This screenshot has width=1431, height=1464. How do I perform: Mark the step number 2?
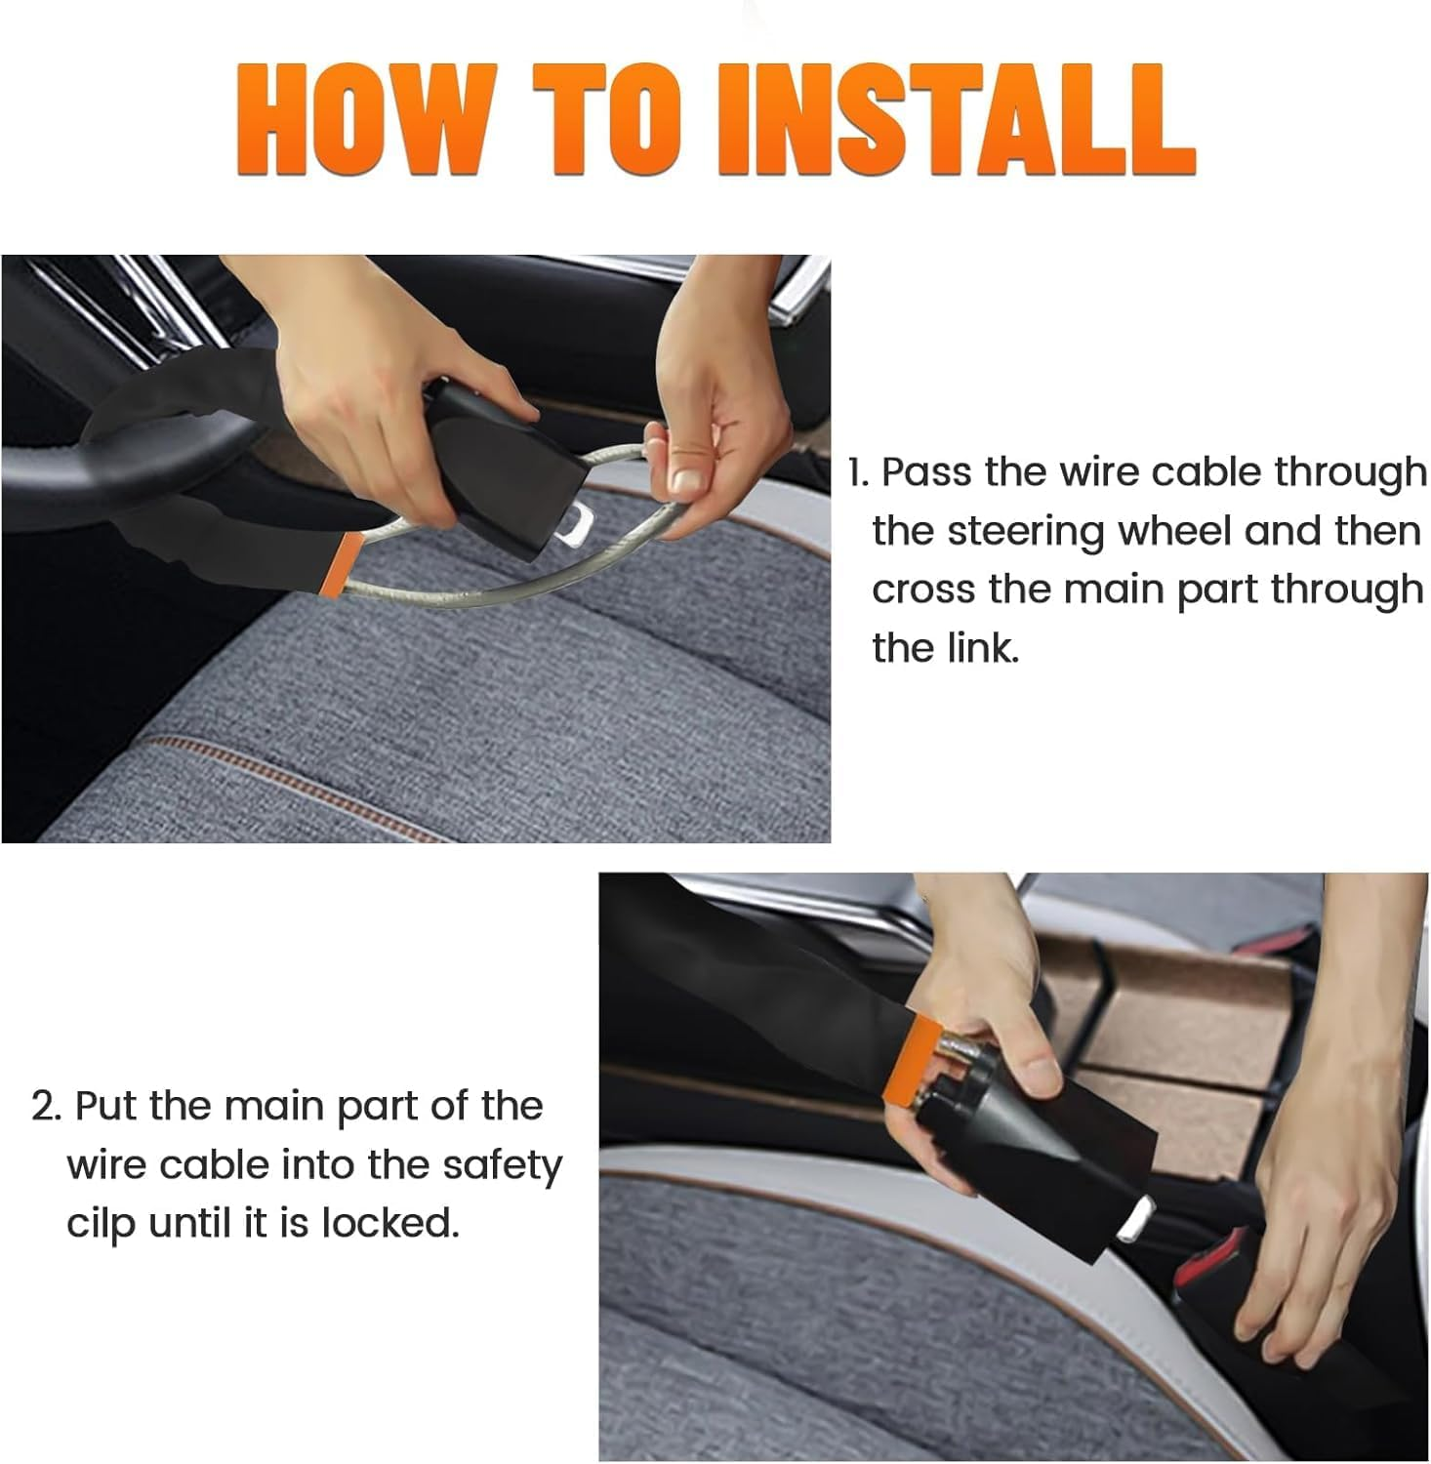(x=46, y=1108)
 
